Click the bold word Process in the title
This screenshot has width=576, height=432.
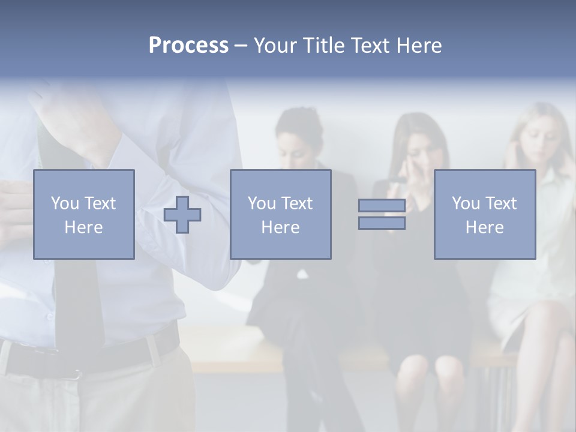point(188,45)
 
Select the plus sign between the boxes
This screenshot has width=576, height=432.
point(182,214)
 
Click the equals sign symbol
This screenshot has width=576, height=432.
point(382,214)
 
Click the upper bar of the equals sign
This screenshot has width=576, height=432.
point(382,206)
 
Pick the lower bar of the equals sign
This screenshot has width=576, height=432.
point(382,223)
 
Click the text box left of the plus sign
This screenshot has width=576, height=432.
point(84,214)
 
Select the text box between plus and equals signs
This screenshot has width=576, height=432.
point(281,214)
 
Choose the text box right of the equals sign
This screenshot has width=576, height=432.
point(485,214)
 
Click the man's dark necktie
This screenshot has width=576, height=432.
point(78,300)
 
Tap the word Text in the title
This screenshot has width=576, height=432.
point(368,45)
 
